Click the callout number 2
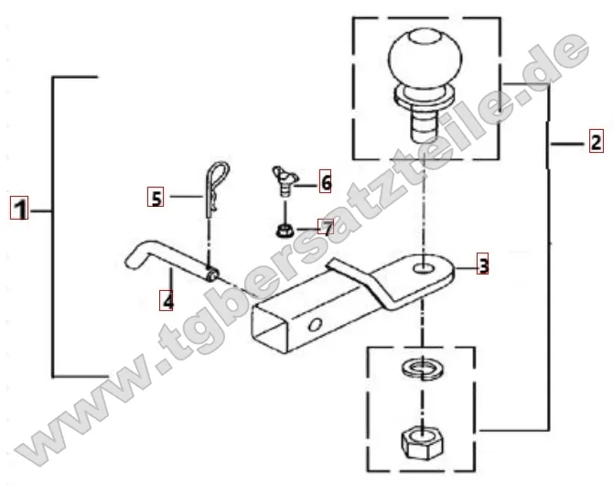point(595,142)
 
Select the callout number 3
point(483,266)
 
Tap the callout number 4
point(167,298)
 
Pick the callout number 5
point(156,196)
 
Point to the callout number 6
point(325,184)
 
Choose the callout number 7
point(326,225)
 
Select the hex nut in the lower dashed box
point(421,443)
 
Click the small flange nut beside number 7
point(285,227)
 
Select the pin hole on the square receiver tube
point(315,326)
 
